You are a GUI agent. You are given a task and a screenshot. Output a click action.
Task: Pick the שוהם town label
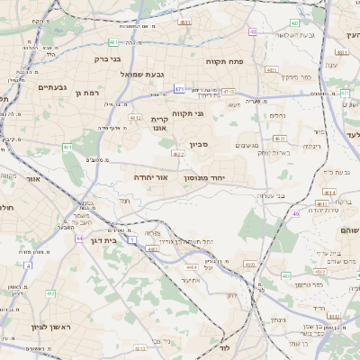pos(348,229)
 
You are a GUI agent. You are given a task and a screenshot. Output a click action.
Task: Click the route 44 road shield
pos(79,238)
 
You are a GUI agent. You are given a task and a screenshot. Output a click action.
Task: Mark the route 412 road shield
pos(49,293)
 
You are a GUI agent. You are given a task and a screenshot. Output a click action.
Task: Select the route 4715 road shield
pos(229,91)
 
